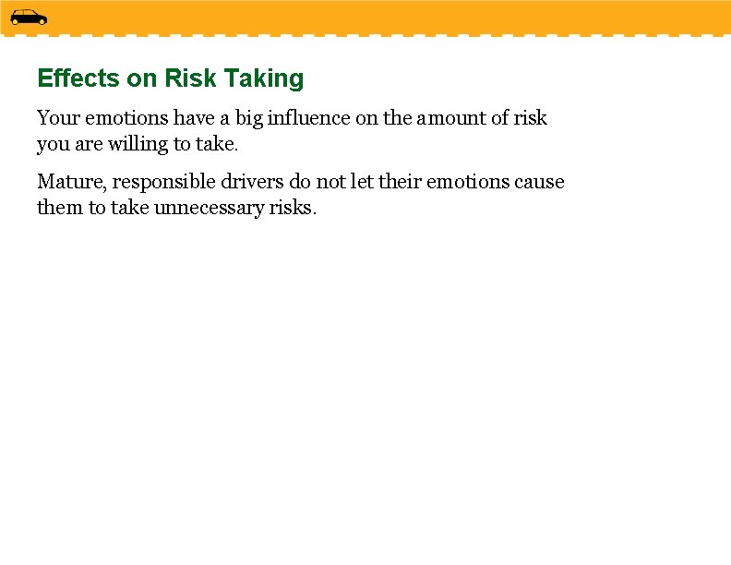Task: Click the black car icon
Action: coord(29,17)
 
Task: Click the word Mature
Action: coord(71,182)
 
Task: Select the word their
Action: coord(399,182)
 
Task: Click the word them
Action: coord(60,208)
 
